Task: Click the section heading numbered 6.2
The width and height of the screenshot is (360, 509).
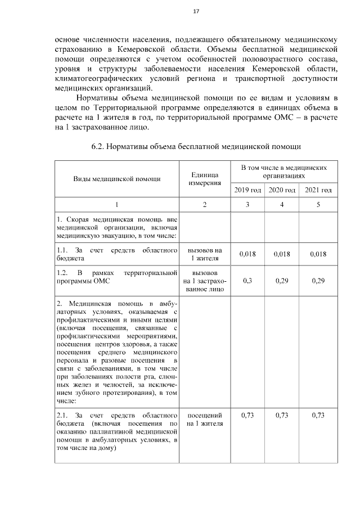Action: click(x=196, y=147)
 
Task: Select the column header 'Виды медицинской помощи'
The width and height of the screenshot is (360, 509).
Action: click(x=117, y=179)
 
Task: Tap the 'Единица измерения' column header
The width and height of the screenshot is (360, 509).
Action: click(x=204, y=179)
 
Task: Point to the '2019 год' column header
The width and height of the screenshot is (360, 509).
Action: click(x=247, y=190)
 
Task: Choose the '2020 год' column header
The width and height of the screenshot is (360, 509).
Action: click(x=282, y=190)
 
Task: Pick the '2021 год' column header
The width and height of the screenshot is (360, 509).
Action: click(x=318, y=190)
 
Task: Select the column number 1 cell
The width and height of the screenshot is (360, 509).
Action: click(x=117, y=204)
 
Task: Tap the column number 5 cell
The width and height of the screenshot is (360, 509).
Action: click(x=318, y=204)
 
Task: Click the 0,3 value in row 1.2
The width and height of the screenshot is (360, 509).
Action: click(x=247, y=281)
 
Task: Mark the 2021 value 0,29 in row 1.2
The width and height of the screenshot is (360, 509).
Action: click(x=318, y=281)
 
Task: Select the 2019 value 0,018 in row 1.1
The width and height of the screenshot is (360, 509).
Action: click(x=247, y=254)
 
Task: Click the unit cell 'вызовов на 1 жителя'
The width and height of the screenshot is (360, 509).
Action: click(x=204, y=254)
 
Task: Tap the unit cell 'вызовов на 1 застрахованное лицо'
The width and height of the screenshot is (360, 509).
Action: click(x=204, y=281)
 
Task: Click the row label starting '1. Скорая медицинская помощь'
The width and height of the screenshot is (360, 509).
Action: click(x=117, y=227)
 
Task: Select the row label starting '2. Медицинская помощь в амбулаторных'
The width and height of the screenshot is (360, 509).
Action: click(x=117, y=352)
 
